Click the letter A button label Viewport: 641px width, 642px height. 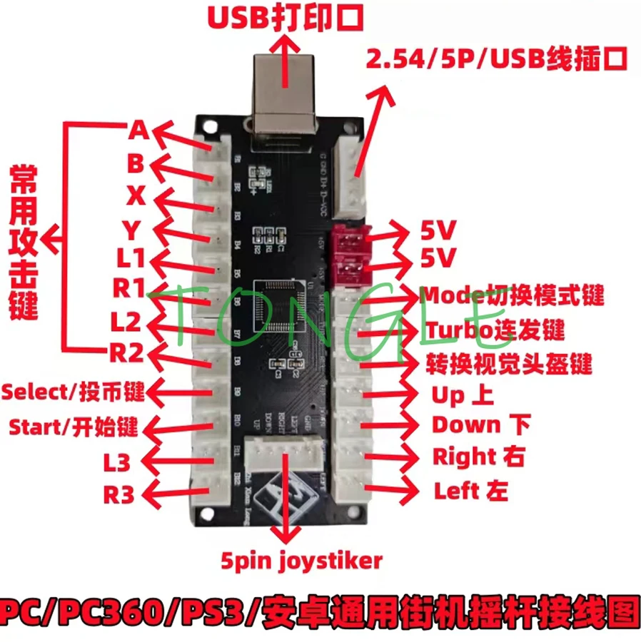[x=138, y=131]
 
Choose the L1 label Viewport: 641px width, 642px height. [x=131, y=258]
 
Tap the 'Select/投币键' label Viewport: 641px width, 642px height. [x=74, y=391]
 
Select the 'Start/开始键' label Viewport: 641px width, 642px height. [x=74, y=427]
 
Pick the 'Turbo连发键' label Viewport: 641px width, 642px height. [x=496, y=330]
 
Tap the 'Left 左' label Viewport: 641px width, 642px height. [x=470, y=491]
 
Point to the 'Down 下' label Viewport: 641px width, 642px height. [x=480, y=425]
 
